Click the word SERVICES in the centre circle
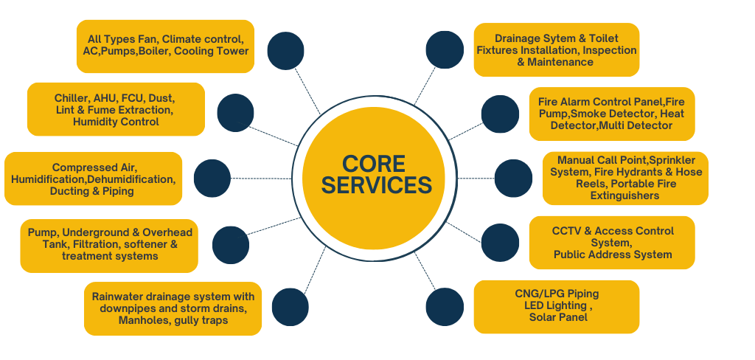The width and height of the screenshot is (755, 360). coord(376,184)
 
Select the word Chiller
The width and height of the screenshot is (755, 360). coord(72,97)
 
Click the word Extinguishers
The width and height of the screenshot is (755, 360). coord(625,195)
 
